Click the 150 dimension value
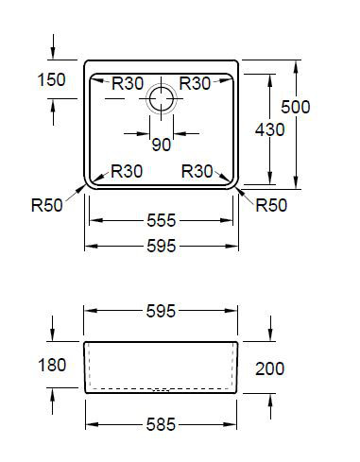tap(52, 79)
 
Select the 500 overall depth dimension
tap(296, 107)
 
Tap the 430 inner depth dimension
tap(270, 129)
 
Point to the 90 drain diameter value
tap(162, 145)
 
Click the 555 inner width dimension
tap(161, 220)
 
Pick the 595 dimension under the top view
tap(161, 246)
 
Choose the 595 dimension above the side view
tap(161, 311)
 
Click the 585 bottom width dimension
tap(161, 424)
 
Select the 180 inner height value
tap(52, 365)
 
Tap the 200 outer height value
tap(270, 368)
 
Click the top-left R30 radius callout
tap(128, 83)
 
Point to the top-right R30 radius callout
tap(195, 83)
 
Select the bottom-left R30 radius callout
tap(127, 171)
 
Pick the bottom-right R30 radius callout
tap(197, 171)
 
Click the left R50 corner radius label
tap(47, 205)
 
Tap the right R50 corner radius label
tap(271, 205)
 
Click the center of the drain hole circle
tap(162, 99)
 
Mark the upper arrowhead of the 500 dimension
tap(296, 66)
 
